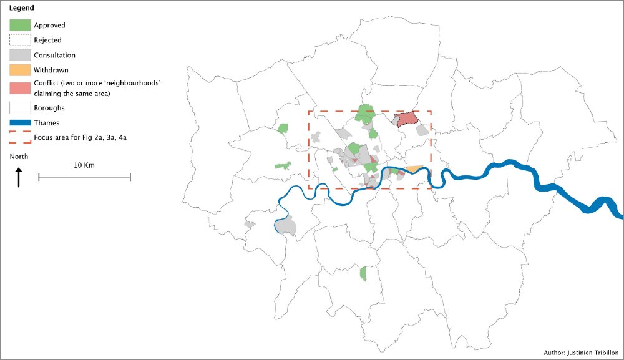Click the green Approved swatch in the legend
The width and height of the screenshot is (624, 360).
(19, 25)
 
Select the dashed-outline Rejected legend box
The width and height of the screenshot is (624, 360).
(19, 40)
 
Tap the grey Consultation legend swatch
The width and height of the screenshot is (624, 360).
(19, 55)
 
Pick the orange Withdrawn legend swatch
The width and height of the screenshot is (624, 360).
(19, 70)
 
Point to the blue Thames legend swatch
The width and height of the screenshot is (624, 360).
(19, 123)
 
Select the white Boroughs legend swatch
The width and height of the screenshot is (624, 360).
(19, 108)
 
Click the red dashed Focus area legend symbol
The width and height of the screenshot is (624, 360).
(19, 137)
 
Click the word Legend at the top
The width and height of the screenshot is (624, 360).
(22, 9)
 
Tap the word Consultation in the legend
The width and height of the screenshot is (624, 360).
(54, 56)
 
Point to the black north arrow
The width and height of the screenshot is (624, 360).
(19, 177)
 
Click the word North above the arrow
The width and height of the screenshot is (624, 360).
(19, 157)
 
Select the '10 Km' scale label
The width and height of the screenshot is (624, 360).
(84, 165)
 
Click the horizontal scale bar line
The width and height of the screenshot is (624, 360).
(84, 177)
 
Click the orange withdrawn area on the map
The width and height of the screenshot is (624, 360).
(414, 168)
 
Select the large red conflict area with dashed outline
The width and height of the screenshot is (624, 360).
(407, 120)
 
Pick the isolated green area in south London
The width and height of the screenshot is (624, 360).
(363, 273)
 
